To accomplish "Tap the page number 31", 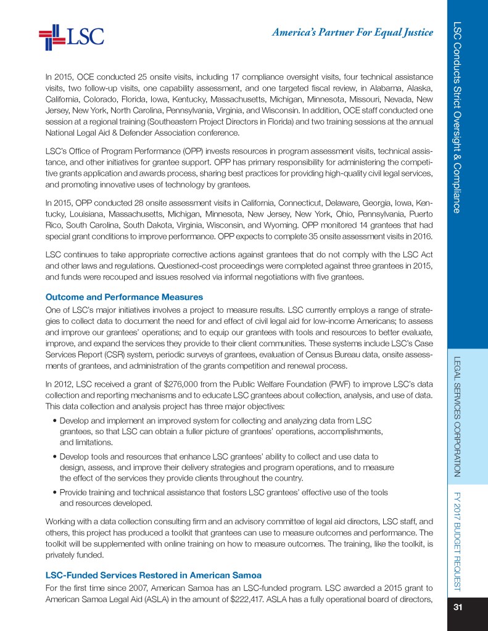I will (x=458, y=608).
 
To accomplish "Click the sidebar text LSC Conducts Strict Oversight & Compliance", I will (x=457, y=117).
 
